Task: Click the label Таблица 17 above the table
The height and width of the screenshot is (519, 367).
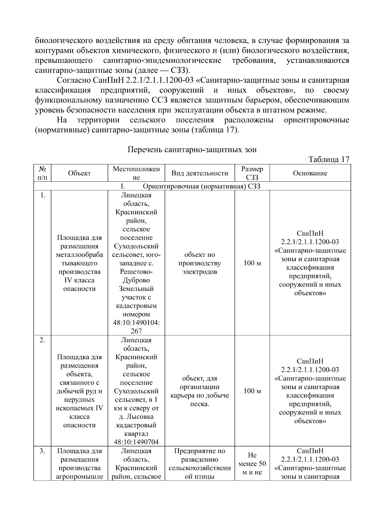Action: coord(328,160)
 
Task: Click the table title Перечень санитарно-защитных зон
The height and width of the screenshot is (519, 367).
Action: coord(192,150)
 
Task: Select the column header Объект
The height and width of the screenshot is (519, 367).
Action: coord(80,173)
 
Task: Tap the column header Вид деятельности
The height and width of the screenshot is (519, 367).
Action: coord(200,173)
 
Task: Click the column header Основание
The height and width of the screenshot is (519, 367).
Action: coord(310,173)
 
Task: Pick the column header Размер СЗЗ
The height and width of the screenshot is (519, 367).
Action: coord(252,173)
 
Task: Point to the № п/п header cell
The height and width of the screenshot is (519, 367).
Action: coord(43,173)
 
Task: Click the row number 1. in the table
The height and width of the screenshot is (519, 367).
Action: coord(43,195)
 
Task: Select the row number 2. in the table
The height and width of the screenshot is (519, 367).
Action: coord(43,340)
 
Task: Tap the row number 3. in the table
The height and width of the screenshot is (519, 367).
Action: coord(43,451)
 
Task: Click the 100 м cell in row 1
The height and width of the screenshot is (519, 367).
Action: coord(252,263)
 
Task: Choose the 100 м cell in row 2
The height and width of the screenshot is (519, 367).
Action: coord(252,391)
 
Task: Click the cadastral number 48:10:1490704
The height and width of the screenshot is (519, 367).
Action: coord(136,442)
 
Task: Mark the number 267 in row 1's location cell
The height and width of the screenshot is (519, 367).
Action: coord(136,331)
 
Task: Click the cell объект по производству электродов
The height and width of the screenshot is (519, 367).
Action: coord(200,263)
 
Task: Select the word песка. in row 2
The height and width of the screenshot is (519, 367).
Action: coord(200,404)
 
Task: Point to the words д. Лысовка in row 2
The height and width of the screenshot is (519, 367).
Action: coord(136,417)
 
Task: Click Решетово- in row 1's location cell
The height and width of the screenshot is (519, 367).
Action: coord(136,272)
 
